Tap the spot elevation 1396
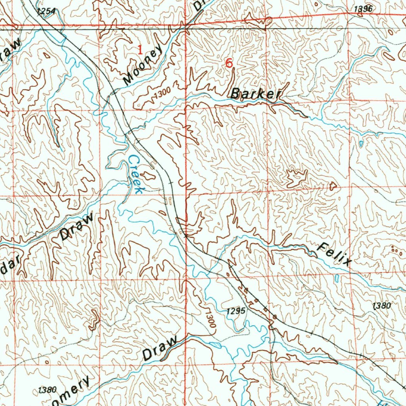[x=363, y=9]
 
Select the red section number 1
[x=140, y=50]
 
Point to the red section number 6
[x=228, y=63]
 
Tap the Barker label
[x=256, y=94]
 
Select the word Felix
[x=335, y=254]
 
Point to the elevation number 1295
[x=237, y=311]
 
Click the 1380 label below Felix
[x=382, y=305]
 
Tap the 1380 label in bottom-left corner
[x=47, y=390]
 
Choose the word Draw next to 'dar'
[x=77, y=227]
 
